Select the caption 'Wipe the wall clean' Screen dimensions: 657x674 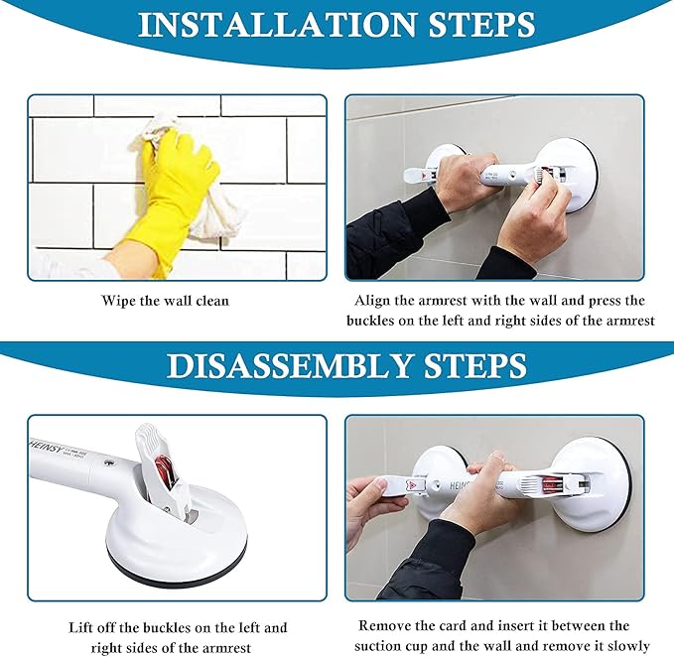coord(166,301)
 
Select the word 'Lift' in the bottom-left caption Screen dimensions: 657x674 coord(82,628)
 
